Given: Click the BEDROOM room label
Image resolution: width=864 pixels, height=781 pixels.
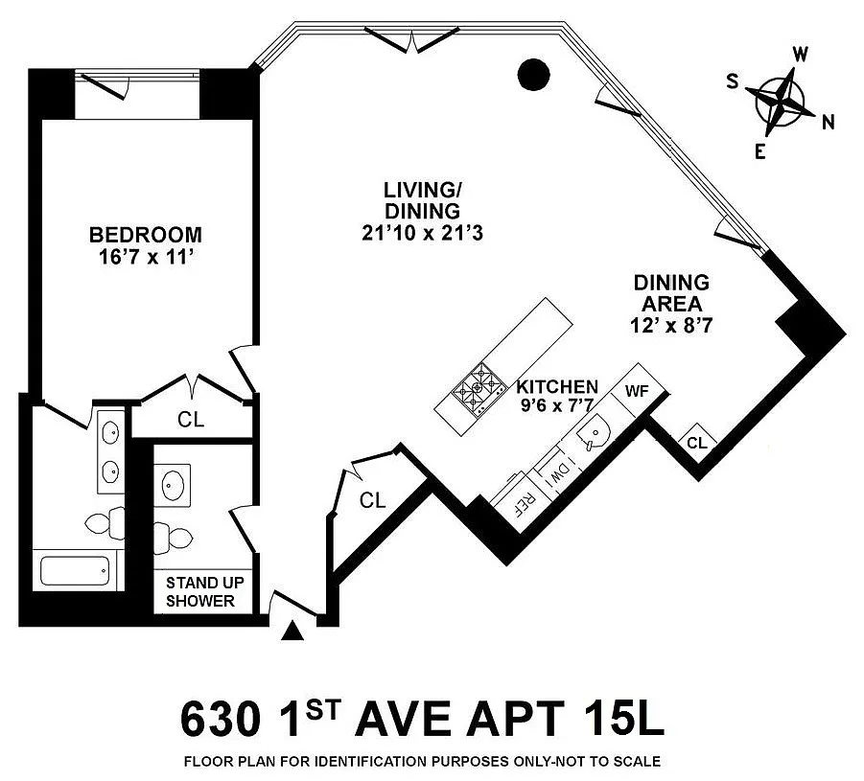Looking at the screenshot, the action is pyautogui.click(x=146, y=235).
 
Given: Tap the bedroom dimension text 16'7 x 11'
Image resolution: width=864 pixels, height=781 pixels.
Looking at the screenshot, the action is pyautogui.click(x=146, y=257).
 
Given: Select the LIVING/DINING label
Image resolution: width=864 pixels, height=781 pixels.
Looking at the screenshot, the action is pyautogui.click(x=422, y=200).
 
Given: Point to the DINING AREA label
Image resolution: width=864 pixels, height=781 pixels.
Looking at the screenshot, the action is pyautogui.click(x=671, y=293).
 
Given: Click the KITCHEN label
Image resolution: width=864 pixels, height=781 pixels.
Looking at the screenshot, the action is pyautogui.click(x=557, y=386).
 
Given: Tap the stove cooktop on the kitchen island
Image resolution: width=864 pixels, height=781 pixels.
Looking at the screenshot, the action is pyautogui.click(x=479, y=388).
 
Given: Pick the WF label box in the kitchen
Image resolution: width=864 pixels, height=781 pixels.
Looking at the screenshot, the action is pyautogui.click(x=638, y=392).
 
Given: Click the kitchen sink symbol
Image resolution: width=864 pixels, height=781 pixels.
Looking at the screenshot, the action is pyautogui.click(x=594, y=432).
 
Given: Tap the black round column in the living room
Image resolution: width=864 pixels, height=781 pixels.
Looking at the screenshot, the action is pyautogui.click(x=534, y=75).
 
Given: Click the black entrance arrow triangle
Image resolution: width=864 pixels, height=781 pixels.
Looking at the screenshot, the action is pyautogui.click(x=292, y=632).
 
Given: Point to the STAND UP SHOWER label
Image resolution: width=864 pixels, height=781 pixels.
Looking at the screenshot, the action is pyautogui.click(x=204, y=591).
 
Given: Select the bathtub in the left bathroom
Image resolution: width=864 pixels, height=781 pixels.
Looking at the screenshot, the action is pyautogui.click(x=76, y=570).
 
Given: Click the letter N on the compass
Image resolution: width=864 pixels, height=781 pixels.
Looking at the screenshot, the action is pyautogui.click(x=828, y=123).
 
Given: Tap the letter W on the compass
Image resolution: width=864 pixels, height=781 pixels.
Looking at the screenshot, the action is pyautogui.click(x=800, y=54).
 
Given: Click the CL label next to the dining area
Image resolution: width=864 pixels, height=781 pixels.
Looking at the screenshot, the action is pyautogui.click(x=697, y=443).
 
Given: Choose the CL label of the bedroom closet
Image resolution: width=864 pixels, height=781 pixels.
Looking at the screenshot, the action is pyautogui.click(x=191, y=420).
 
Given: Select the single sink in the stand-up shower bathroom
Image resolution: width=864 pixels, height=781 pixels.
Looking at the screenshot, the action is pyautogui.click(x=173, y=485).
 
